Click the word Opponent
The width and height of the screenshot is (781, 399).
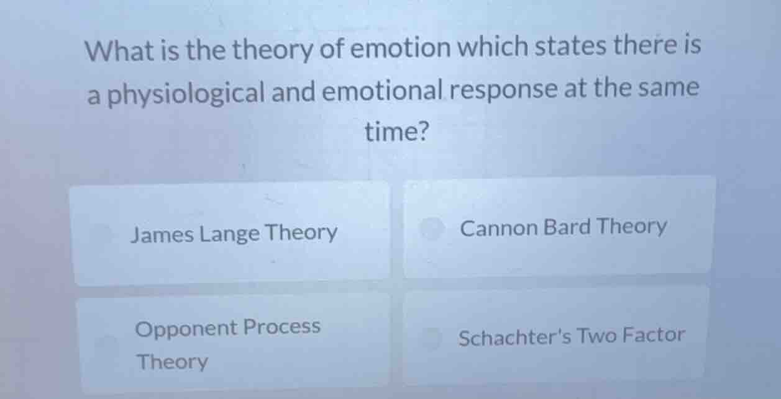(x=186, y=328)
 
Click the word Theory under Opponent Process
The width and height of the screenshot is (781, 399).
(x=173, y=361)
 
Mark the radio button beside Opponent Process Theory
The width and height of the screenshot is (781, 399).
(x=106, y=343)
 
